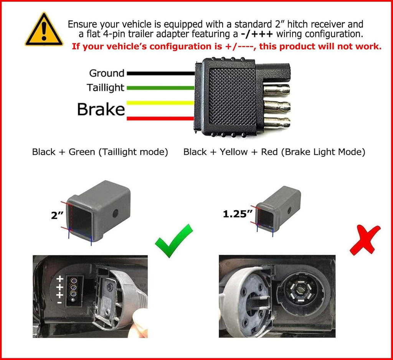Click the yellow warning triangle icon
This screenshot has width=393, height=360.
44,30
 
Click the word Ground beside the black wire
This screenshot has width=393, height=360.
107,73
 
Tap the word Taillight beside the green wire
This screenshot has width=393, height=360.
106,88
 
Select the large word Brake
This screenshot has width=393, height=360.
101,109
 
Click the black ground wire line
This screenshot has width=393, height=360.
161,73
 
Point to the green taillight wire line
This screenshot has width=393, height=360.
161,88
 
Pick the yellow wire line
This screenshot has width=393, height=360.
160,103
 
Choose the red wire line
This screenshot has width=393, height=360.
160,118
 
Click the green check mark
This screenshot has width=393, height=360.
174,241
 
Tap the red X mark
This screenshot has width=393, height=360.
365,240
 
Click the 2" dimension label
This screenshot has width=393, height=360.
58,215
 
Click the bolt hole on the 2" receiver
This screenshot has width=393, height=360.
116,214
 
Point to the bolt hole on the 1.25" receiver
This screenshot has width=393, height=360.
289,210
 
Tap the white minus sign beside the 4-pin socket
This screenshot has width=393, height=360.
59,303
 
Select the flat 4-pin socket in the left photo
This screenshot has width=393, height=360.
74,290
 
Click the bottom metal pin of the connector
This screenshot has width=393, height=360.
277,123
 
